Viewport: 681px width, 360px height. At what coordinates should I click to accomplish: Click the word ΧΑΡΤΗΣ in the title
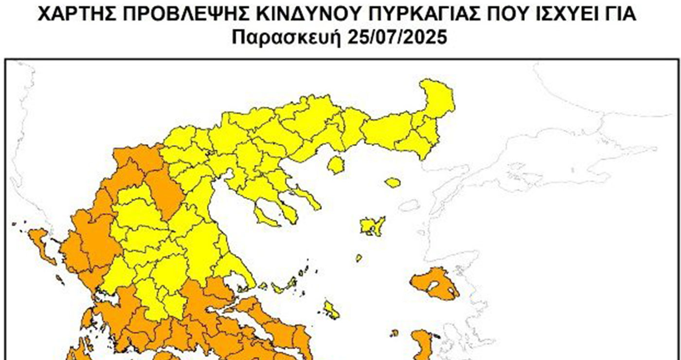pos(78,14)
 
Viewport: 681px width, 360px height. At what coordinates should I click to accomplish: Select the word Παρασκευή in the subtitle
pos(287,37)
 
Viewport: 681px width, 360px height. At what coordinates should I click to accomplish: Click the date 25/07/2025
pos(397,37)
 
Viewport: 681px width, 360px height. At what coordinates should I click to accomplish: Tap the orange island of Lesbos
pos(433,285)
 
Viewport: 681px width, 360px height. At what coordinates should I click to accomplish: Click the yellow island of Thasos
pos(335,165)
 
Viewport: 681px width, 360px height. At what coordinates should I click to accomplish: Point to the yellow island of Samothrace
pos(393,182)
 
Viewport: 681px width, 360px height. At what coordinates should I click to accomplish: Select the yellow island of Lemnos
pos(372,226)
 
